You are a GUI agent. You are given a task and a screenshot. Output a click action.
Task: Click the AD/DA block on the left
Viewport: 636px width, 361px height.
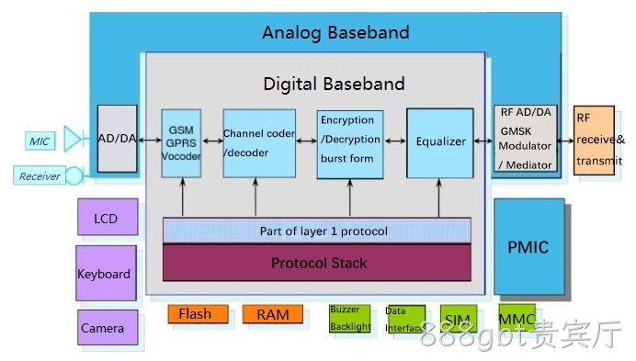(x=118, y=139)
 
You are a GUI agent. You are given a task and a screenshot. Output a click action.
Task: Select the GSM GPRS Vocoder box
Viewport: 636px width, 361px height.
(x=181, y=143)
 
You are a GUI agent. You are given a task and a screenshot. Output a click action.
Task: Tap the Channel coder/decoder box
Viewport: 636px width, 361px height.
(x=259, y=143)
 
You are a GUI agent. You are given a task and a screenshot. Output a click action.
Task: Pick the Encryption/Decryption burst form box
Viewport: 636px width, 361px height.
(x=349, y=144)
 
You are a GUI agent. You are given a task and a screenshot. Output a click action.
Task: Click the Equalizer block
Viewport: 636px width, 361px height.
(x=440, y=142)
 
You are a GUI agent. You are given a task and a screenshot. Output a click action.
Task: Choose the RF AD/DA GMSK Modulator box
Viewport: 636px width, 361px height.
(x=526, y=138)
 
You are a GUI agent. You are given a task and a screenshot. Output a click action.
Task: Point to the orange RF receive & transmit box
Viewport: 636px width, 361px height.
(x=594, y=141)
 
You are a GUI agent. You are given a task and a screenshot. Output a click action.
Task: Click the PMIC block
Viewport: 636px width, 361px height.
(x=528, y=246)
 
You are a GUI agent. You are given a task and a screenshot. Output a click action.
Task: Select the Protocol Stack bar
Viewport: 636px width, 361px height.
(x=317, y=263)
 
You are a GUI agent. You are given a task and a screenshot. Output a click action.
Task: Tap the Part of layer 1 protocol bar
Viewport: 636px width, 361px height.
(x=317, y=231)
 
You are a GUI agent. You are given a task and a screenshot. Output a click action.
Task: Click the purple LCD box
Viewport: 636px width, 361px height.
(x=108, y=217)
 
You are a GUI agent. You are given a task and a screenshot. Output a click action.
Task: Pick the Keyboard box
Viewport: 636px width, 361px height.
(x=106, y=273)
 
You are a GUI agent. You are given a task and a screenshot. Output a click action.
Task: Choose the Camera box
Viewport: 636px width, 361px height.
(x=108, y=327)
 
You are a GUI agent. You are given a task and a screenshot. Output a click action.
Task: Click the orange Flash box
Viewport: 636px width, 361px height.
(x=198, y=314)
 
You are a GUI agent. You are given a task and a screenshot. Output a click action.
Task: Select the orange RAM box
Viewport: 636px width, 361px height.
(x=273, y=314)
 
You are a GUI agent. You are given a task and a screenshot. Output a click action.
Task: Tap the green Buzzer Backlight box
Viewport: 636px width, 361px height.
(x=349, y=319)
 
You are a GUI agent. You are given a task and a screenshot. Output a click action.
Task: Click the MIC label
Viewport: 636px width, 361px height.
(x=40, y=141)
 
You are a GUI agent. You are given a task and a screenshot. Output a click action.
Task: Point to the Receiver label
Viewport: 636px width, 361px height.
(x=40, y=175)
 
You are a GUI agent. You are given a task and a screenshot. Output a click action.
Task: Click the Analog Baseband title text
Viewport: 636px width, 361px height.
(x=335, y=32)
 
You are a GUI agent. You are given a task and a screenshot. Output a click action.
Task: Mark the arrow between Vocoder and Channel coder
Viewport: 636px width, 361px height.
(x=212, y=141)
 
